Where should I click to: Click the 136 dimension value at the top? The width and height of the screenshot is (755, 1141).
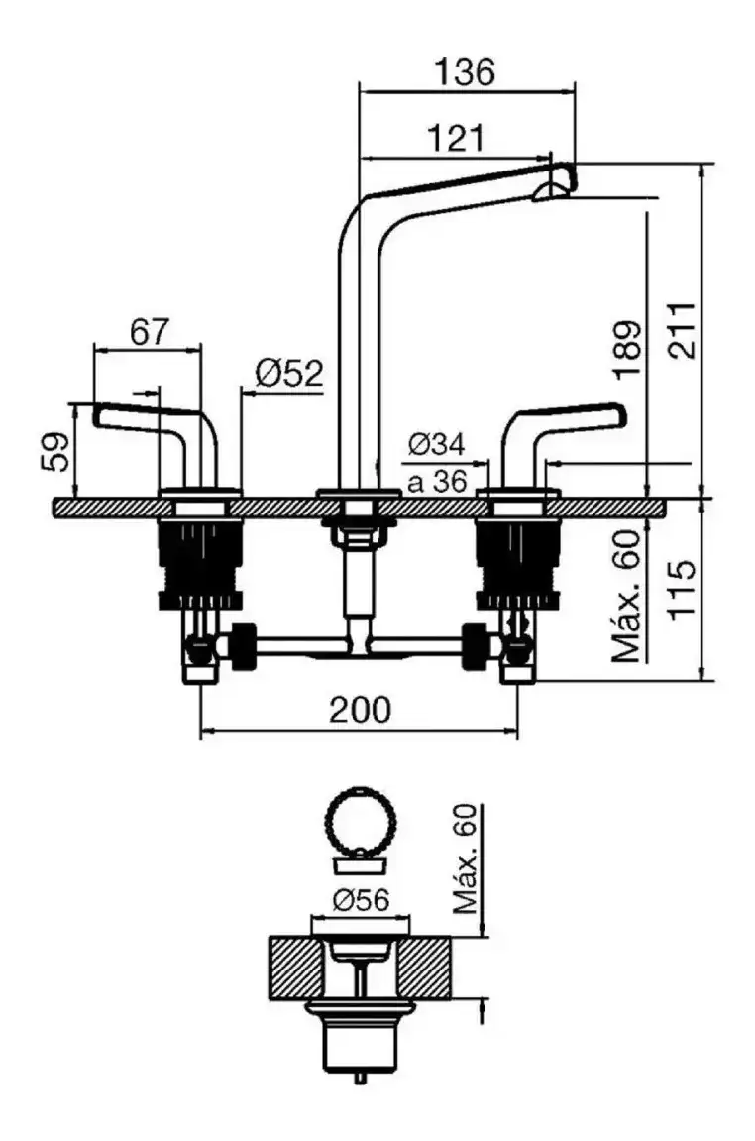[x=464, y=72]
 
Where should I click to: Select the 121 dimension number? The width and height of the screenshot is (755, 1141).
[x=456, y=138]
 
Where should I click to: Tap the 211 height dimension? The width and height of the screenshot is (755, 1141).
[x=682, y=329]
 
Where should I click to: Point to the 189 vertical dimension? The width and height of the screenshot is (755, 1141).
[x=627, y=350]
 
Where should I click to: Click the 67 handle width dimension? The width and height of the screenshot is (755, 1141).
[x=149, y=332]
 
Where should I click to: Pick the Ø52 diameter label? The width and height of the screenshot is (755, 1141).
[x=288, y=374]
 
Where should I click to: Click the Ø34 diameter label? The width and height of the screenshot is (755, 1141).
[x=436, y=444]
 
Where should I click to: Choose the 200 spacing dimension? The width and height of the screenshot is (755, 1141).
[x=360, y=709]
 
